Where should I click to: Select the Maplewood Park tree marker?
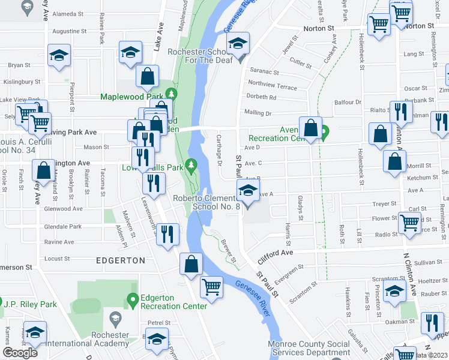(x=171, y=94)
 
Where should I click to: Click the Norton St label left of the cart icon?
(x=318, y=28)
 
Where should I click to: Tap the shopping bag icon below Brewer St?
(x=191, y=264)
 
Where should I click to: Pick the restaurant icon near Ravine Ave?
(x=168, y=233)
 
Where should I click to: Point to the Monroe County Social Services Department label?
(x=309, y=349)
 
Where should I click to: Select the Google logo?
(x=20, y=352)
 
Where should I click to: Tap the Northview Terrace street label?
(x=271, y=87)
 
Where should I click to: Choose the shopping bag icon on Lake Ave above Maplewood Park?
(x=146, y=76)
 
